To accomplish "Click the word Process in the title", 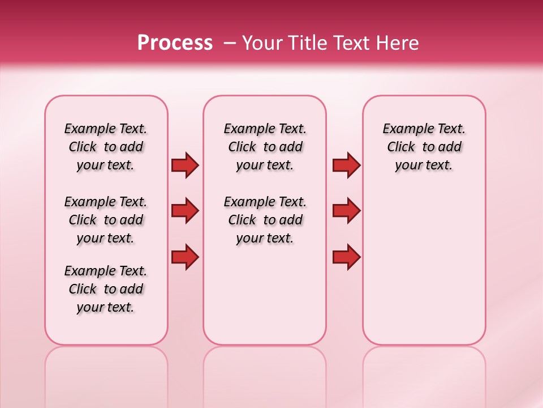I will tap(175, 43).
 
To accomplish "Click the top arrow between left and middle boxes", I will tap(185, 165).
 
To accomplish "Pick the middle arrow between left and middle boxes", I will tap(185, 211).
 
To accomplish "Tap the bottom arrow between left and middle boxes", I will tap(185, 257).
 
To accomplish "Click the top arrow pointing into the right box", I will tap(346, 165).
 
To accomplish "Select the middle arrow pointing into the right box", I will tap(346, 211).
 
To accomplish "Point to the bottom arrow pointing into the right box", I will tap(346, 257).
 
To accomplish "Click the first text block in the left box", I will tap(106, 147).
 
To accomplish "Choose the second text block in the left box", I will tap(106, 220).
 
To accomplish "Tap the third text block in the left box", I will tap(106, 289).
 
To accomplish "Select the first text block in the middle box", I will tap(265, 147).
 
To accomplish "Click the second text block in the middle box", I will tap(265, 220).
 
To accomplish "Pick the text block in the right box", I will tap(424, 147).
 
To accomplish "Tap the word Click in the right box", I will tap(401, 147).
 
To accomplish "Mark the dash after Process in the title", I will tap(230, 43).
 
